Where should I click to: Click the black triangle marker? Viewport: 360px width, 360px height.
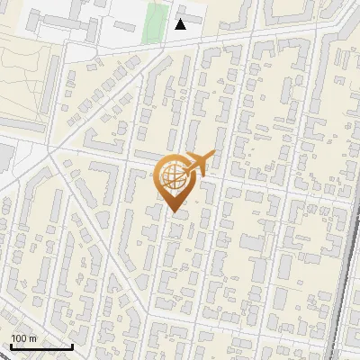tap(181, 24)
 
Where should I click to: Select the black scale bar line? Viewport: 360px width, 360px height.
tap(41, 346)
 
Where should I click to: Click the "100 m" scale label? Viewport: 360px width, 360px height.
tap(23, 338)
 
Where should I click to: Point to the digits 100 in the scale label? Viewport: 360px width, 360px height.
tap(19, 338)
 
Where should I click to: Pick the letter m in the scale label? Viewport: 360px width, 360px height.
tap(31, 338)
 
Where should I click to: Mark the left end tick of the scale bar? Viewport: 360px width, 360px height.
tap(11, 345)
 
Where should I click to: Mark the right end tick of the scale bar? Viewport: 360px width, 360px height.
tap(72, 345)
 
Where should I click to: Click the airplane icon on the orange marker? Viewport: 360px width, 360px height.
tap(197, 164)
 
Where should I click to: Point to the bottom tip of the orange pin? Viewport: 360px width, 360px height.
tap(174, 212)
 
